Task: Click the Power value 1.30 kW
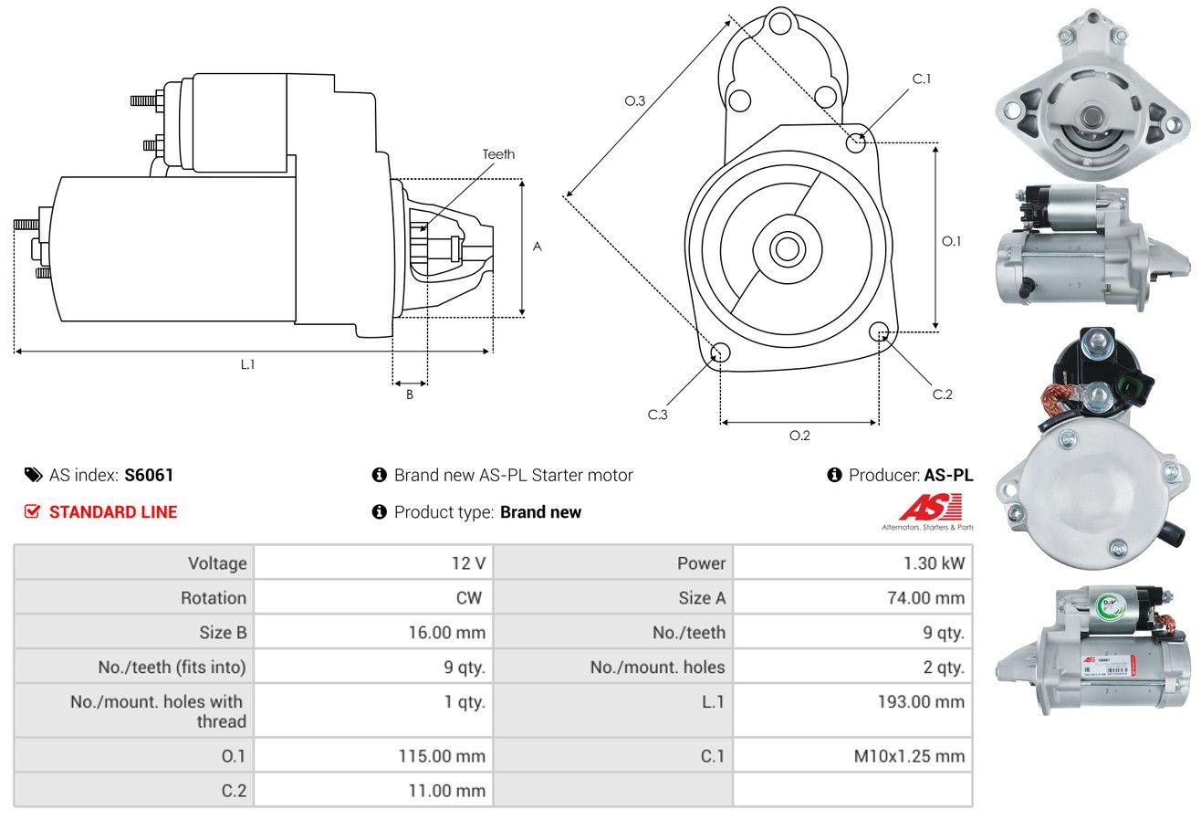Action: point(934,563)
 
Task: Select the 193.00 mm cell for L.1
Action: point(921,701)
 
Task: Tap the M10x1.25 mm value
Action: point(909,756)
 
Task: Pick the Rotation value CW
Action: point(468,597)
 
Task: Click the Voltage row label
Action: point(217,563)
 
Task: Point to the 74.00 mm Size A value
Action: point(925,597)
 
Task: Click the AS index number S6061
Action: point(149,475)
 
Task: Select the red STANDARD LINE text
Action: point(113,512)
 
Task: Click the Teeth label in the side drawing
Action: point(498,154)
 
